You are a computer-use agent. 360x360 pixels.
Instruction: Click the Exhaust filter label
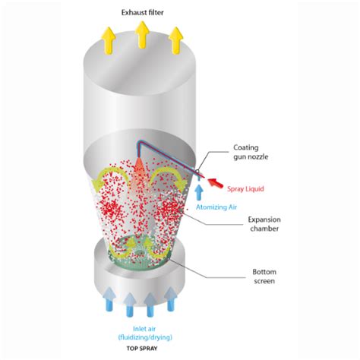pos(142,13)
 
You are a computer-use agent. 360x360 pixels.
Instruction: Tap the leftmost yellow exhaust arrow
pos(109,40)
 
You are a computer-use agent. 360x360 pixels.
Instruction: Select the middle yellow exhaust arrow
pos(142,35)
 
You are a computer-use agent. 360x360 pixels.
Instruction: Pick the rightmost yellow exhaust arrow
pos(176,40)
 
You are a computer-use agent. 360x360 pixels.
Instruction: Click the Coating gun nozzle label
pos(251,152)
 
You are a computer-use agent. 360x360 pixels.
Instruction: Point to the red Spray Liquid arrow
pos(216,183)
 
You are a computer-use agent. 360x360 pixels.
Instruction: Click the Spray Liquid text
pos(245,189)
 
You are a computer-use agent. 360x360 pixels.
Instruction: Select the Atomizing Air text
pos(216,207)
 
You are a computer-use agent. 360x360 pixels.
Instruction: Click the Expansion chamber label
pos(264,224)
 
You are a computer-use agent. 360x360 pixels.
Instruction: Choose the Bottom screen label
pos(264,276)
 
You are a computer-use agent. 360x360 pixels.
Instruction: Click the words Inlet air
pos(144,329)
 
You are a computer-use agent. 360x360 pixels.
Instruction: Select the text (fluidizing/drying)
pos(145,337)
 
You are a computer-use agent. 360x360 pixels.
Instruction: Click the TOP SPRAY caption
pos(142,349)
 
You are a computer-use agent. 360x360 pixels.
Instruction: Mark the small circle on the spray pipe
pos(197,171)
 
